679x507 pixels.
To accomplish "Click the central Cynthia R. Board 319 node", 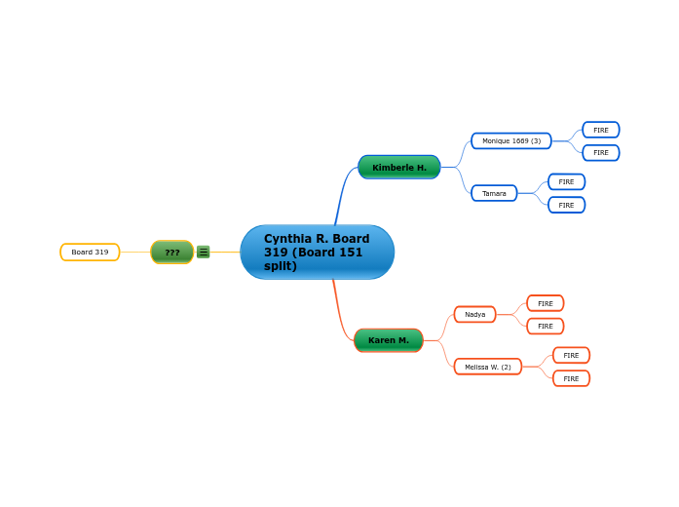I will (317, 253).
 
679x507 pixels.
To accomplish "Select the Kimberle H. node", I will (399, 168).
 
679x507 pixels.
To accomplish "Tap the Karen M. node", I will (389, 340).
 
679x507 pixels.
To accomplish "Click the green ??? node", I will (171, 253).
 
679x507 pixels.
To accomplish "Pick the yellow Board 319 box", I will (90, 253).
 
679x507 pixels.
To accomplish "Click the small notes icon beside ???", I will (204, 252).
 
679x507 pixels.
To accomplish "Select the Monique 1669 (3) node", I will (511, 141).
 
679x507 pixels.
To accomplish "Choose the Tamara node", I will (494, 193).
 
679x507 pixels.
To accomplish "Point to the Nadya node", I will (474, 314).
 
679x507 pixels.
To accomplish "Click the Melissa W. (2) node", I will (488, 367).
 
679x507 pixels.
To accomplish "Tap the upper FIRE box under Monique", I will (601, 130).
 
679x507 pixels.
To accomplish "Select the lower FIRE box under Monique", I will (601, 153).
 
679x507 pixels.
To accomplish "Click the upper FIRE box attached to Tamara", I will (566, 182).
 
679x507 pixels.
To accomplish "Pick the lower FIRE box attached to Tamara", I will (566, 205).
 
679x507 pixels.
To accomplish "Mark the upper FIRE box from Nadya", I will (546, 303).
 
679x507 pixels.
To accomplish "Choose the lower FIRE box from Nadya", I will (546, 326).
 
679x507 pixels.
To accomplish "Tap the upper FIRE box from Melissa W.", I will (571, 356).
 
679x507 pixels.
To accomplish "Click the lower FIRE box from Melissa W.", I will (571, 378).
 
